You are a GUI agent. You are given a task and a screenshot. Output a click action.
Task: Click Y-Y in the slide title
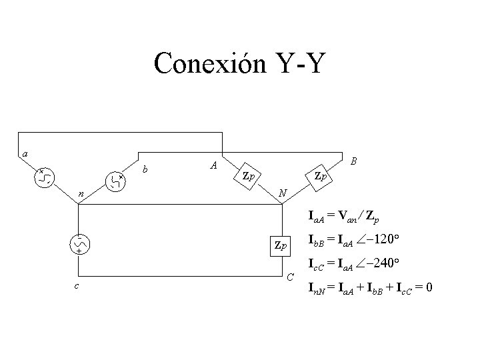pos(299,65)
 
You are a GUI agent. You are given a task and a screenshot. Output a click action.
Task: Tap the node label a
pos(25,154)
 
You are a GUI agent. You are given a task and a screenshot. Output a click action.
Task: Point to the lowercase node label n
pos(81,194)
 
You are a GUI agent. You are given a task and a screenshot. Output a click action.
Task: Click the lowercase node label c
pos(77,286)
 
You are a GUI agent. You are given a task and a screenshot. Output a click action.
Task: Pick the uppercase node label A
pos(213,165)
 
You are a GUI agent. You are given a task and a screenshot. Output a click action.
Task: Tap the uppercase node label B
pos(353,161)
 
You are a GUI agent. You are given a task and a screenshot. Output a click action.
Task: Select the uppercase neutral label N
pos(283,193)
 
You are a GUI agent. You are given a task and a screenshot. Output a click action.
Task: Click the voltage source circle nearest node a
pos(45,177)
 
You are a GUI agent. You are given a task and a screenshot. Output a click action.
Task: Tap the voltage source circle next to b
pos(116,181)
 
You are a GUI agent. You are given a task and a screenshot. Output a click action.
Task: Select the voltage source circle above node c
pos(79,245)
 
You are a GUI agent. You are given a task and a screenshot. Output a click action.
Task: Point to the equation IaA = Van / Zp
pos(347,216)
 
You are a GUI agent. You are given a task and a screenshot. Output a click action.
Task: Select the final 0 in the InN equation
pos(430,287)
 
